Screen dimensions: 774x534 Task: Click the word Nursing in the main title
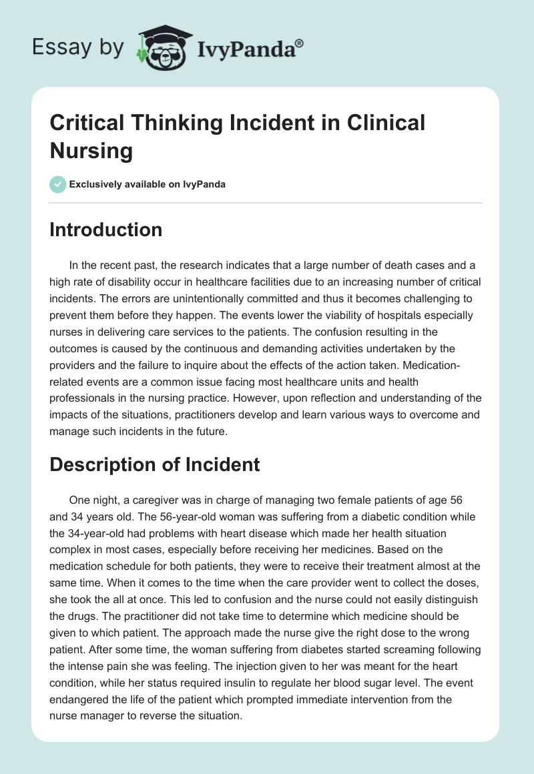pyautogui.click(x=91, y=150)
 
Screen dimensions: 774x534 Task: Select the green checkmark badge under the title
pyautogui.click(x=58, y=184)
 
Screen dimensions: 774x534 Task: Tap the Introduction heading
pyautogui.click(x=106, y=230)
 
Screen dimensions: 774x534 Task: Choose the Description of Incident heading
pyautogui.click(x=155, y=464)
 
